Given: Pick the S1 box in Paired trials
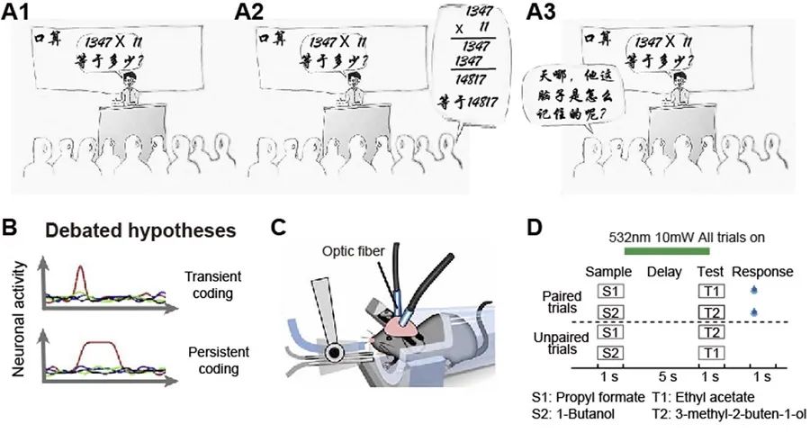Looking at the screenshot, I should pos(610,291).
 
